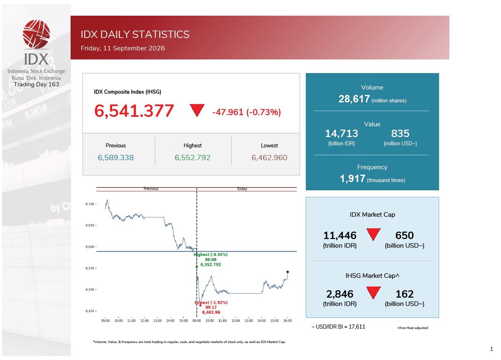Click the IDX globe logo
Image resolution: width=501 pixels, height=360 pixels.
point(36,34)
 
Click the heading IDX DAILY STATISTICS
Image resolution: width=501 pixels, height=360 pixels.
point(135,34)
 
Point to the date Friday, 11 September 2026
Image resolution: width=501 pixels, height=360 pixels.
point(123,48)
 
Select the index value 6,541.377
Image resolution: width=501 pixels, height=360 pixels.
point(134,111)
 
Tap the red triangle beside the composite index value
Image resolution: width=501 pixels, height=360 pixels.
point(197,110)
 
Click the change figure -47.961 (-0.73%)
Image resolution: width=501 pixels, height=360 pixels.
point(246,112)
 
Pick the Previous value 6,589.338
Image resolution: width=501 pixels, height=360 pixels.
point(116,158)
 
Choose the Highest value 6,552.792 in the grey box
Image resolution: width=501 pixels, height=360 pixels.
point(193,158)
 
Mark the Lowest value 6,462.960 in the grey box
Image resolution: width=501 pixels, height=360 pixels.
point(269,158)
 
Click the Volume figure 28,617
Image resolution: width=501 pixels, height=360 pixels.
point(354,99)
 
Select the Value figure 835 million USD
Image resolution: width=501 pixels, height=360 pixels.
point(400,134)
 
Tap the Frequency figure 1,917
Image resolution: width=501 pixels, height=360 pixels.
point(352,178)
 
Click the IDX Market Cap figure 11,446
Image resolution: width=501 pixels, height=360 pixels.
point(340,235)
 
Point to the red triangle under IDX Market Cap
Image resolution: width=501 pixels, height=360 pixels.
point(373,234)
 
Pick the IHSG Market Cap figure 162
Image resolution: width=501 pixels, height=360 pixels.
point(404,294)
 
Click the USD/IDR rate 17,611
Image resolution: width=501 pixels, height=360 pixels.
point(357,327)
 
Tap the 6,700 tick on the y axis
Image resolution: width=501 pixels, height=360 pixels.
point(90,204)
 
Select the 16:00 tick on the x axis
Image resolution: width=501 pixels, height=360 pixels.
point(287,321)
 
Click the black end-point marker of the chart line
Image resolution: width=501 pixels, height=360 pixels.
point(288,272)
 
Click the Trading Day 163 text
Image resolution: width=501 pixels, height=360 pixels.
point(36,84)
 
